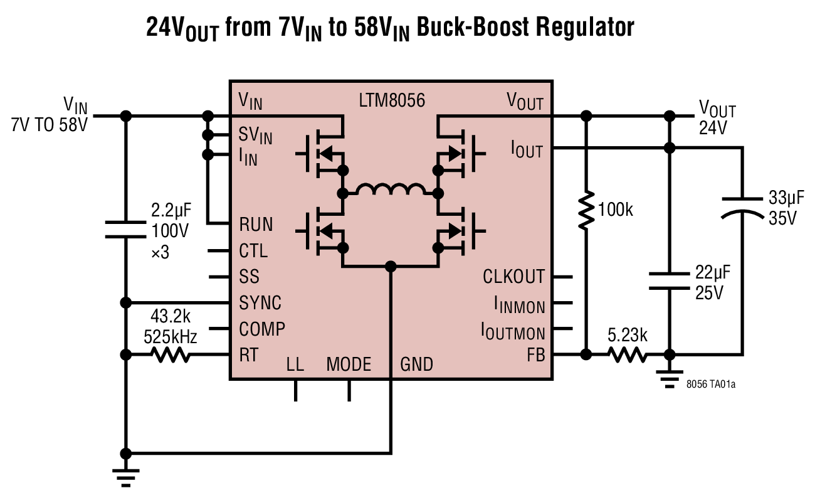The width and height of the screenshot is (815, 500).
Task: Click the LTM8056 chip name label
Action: [391, 100]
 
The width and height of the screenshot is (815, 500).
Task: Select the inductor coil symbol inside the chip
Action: [389, 190]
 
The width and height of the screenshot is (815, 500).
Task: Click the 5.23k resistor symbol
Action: [627, 355]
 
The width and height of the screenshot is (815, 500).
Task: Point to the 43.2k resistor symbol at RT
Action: [170, 355]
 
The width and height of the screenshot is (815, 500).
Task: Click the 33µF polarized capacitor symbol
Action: [743, 206]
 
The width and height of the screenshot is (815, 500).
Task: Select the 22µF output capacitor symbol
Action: [670, 280]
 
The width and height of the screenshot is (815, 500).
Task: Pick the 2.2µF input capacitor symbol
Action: [126, 229]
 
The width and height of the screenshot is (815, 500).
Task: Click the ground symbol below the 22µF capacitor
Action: [670, 380]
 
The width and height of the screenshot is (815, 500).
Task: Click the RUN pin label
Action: [256, 224]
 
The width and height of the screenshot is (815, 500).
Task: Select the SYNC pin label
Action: [260, 303]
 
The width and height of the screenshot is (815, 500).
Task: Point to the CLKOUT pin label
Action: [513, 276]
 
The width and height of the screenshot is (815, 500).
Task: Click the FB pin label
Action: [535, 355]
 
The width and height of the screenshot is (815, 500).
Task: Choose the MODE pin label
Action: [349, 364]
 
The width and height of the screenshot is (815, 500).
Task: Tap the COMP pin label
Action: [262, 329]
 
